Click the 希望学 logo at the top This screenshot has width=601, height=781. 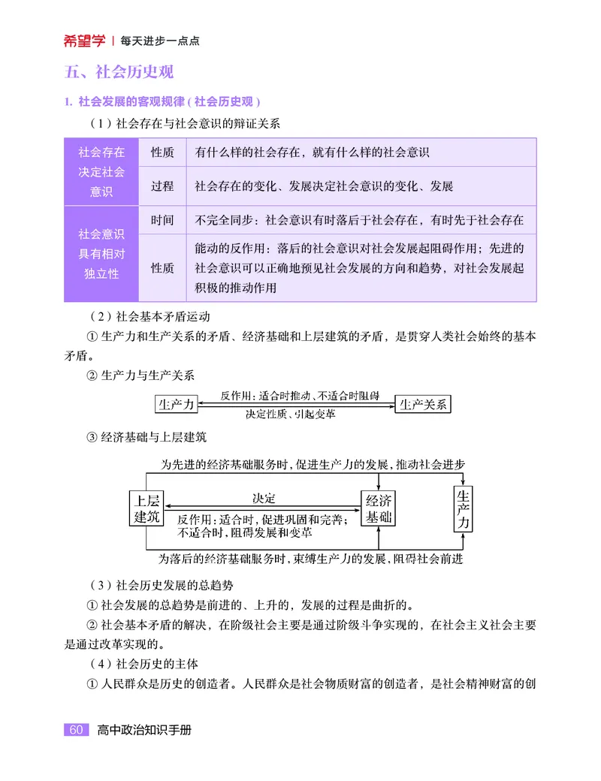coord(84,41)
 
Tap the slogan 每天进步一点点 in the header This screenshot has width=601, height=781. coord(159,41)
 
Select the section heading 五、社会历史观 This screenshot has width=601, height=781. coord(119,72)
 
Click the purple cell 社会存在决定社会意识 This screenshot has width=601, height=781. coord(101,172)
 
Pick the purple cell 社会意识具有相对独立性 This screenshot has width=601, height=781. coord(101,254)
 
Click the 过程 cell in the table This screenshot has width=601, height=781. coord(162,186)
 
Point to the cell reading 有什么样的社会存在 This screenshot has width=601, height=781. coord(312,152)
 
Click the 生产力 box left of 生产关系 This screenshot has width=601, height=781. coord(176,404)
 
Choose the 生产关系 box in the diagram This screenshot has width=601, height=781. coord(423,404)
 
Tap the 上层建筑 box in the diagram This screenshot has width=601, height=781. coord(146,508)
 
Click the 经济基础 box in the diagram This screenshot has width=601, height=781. coord(379,508)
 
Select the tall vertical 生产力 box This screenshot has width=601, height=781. coord(464,508)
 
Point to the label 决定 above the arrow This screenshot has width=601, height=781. coord(264,498)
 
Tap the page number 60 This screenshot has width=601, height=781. coord(75,730)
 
